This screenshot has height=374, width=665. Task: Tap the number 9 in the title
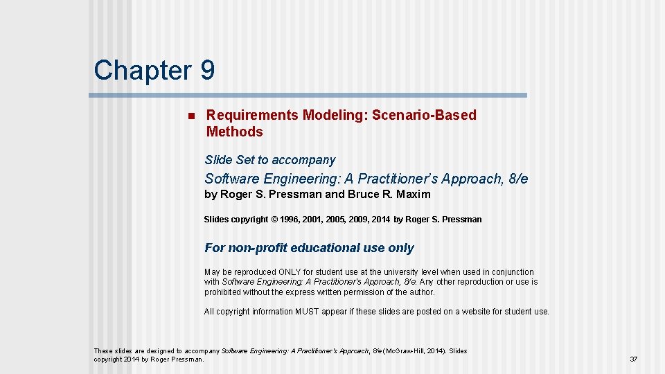pos(207,70)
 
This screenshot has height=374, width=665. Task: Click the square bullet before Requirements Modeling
pos(190,115)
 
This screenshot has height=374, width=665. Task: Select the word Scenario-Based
pos(424,115)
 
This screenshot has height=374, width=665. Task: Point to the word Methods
pos(234,132)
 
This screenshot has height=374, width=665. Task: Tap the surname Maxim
pos(414,195)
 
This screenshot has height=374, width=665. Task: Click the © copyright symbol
pos(274,220)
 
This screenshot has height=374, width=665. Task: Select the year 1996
pos(291,220)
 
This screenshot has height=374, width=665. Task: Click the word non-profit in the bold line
pos(258,248)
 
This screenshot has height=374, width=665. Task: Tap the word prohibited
pos(222,292)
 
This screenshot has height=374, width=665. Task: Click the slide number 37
pos(633,359)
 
